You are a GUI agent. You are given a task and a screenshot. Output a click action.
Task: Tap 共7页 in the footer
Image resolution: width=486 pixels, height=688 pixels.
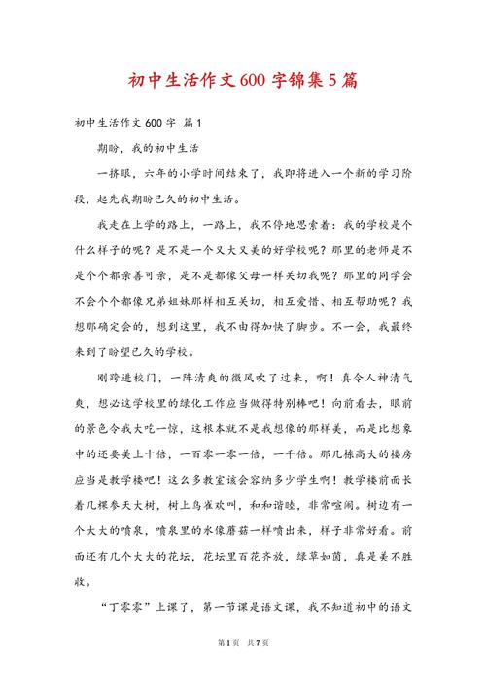tap(259, 670)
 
